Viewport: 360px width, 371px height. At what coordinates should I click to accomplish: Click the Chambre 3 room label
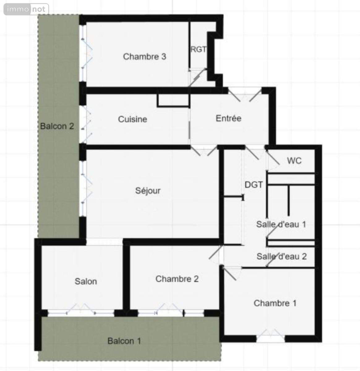click(x=144, y=57)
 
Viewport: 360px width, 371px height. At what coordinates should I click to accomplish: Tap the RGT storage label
click(x=199, y=49)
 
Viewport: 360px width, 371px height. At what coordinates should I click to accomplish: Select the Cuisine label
click(x=132, y=119)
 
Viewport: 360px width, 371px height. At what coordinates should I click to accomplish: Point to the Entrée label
click(x=229, y=118)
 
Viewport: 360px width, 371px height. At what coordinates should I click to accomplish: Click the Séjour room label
click(x=148, y=190)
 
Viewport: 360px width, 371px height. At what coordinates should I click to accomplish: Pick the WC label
click(x=294, y=161)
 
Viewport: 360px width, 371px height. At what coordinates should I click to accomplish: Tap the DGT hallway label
click(x=254, y=185)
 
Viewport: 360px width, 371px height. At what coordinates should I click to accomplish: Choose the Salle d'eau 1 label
click(x=281, y=224)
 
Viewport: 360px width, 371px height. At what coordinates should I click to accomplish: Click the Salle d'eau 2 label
click(x=282, y=256)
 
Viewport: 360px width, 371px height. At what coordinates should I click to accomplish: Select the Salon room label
click(x=86, y=281)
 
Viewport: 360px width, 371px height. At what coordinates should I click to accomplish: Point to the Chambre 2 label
click(x=177, y=279)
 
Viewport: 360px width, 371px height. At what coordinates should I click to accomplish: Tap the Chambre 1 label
click(x=275, y=303)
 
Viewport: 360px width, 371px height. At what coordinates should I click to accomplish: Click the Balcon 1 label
click(x=124, y=341)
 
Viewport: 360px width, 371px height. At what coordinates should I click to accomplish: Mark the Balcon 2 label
click(x=57, y=126)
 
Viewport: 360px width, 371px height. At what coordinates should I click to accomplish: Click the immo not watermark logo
click(x=26, y=9)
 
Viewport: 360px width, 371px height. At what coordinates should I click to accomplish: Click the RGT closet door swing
click(x=198, y=77)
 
